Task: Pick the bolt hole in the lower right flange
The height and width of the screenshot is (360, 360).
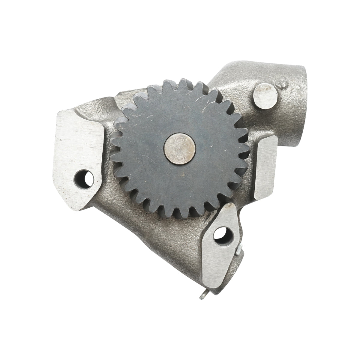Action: pyautogui.click(x=220, y=233)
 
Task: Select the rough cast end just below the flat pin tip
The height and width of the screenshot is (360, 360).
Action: pyautogui.click(x=240, y=264)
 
